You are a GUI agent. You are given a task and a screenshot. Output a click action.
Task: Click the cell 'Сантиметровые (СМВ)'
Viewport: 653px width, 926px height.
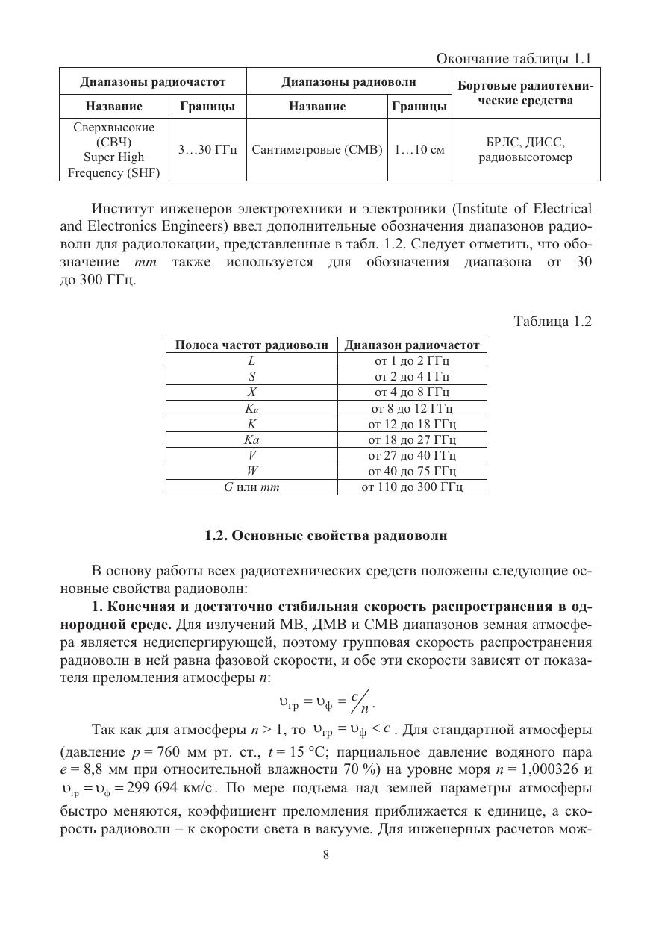pos(317,150)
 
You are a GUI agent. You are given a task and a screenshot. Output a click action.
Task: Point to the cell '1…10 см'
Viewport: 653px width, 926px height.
pos(419,150)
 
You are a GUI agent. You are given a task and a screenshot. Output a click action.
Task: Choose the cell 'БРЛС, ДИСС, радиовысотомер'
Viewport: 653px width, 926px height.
pos(525,150)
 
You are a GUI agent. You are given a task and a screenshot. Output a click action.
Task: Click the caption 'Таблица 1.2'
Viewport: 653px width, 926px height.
pos(553,322)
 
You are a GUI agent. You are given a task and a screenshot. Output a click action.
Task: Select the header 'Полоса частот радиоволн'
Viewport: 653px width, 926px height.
pos(251,345)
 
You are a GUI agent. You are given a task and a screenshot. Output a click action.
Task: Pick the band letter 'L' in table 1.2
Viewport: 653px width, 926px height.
pos(252,360)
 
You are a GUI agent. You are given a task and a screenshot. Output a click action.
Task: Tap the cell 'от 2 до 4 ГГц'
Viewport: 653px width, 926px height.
pos(412,376)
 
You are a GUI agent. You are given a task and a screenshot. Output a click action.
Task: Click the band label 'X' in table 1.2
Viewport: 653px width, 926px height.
pos(252,392)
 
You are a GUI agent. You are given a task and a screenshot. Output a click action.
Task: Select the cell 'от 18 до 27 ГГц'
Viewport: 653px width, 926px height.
pos(412,439)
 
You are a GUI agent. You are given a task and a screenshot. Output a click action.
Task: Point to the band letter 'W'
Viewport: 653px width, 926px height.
pos(252,471)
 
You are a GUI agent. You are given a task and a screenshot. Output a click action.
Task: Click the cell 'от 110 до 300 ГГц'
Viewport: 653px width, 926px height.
pos(412,487)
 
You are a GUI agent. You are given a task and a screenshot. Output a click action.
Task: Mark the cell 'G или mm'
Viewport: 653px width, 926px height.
pos(252,487)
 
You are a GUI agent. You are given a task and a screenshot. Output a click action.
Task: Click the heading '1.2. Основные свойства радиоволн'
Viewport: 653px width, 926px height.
pos(326,536)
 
